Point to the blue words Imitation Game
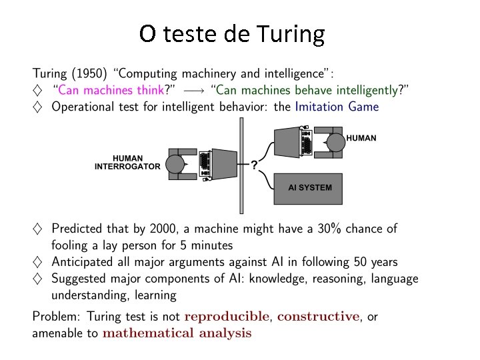336,106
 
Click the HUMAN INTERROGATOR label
127,162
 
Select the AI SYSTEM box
308,188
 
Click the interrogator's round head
175,164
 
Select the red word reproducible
227,316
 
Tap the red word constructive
318,316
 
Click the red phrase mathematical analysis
177,333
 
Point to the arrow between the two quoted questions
193,89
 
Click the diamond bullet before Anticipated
37,262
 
